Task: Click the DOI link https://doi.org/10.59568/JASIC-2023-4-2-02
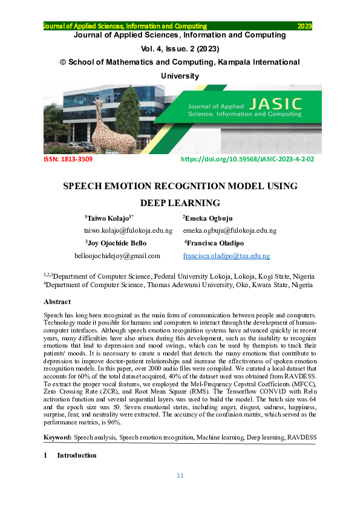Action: point(248,160)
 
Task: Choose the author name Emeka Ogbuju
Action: point(208,218)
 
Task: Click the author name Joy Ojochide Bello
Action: point(116,243)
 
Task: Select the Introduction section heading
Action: point(76,455)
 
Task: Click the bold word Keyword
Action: point(57,436)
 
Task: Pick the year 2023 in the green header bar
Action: point(304,27)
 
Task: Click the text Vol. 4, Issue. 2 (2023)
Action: point(180,48)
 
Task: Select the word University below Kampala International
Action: point(180,76)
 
